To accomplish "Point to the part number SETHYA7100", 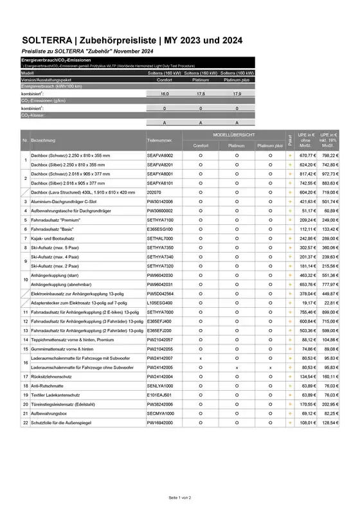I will click(x=160, y=220).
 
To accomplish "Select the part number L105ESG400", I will click(x=160, y=302).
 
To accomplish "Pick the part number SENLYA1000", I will click(x=160, y=384).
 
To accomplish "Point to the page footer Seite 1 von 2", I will click(x=180, y=497).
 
